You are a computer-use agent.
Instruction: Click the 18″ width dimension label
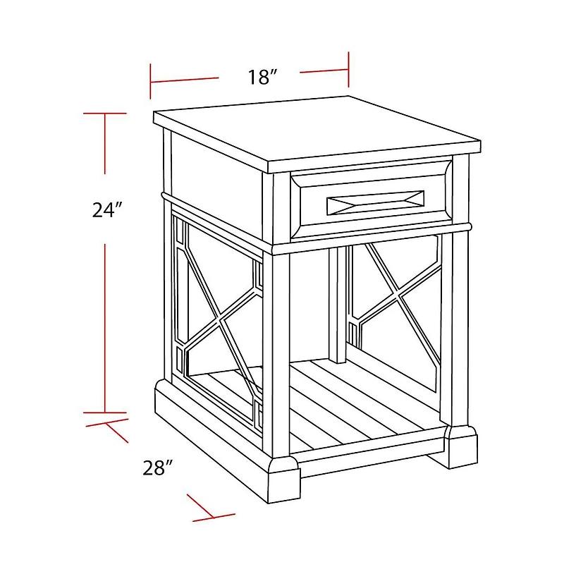262,77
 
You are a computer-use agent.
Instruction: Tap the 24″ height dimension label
106,209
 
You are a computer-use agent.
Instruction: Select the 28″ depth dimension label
157,468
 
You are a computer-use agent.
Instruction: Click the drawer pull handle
375,202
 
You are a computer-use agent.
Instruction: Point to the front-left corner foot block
283,480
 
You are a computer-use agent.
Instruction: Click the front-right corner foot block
462,446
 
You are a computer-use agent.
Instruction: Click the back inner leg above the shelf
337,305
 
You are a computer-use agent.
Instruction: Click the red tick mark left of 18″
150,81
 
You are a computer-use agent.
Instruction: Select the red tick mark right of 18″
348,70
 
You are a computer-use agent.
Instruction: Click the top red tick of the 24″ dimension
105,114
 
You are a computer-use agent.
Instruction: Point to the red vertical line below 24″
105,328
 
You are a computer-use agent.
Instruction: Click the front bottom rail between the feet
372,449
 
